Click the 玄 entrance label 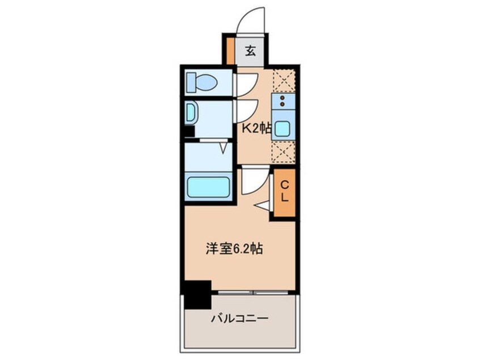click(x=250, y=50)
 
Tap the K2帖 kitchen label click(x=256, y=128)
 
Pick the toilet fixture click(x=201, y=83)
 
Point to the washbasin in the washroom click(x=191, y=112)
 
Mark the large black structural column click(x=196, y=294)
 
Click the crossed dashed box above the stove click(x=282, y=79)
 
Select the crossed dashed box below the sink click(x=282, y=152)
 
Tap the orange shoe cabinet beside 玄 click(x=230, y=50)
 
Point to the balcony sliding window click(x=253, y=294)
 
